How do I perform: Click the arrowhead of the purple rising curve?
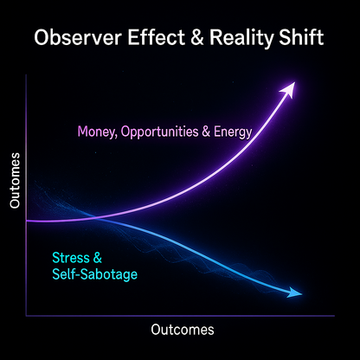coord(291,86)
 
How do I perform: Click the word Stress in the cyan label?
coord(70,258)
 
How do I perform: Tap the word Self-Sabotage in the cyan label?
coord(95,274)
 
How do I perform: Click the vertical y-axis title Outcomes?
coord(15,179)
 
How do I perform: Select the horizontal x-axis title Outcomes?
coord(182,330)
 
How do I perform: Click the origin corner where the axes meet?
coord(28,313)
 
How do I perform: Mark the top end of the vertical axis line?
coord(28,76)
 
